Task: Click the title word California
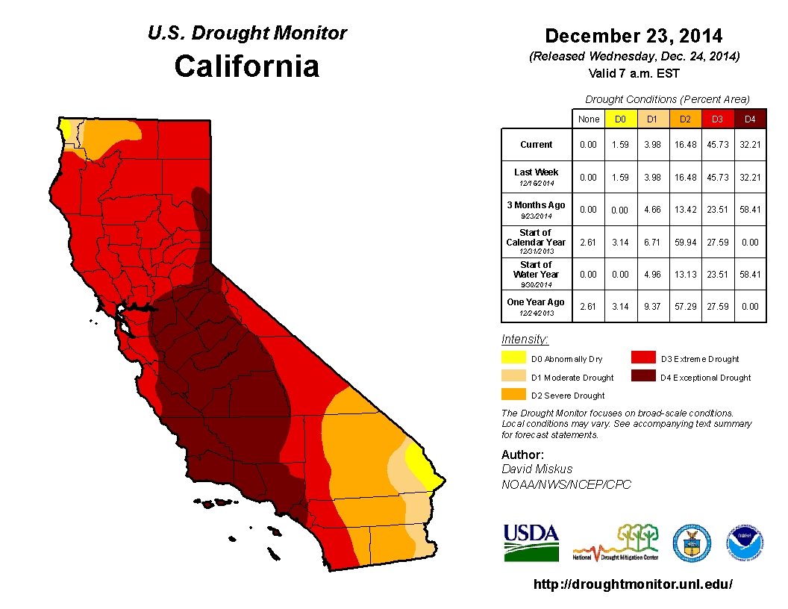246,66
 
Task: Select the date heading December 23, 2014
634,36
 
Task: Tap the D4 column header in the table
750,119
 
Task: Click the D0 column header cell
620,119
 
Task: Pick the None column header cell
589,119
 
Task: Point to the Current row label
537,145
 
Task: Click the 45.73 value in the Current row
718,145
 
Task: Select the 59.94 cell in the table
685,243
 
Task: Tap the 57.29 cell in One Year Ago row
685,307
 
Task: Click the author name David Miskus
537,469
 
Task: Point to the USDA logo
531,543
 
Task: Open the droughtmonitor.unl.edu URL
633,584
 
